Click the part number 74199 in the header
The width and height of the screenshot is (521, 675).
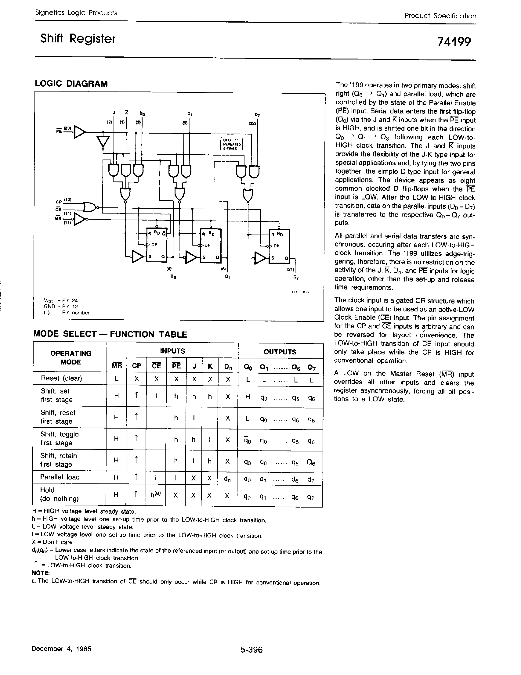tap(454, 41)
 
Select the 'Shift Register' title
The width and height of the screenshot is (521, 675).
tap(78, 39)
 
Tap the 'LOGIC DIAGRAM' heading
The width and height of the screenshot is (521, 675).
tap(71, 84)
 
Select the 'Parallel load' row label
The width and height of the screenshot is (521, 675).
tap(60, 477)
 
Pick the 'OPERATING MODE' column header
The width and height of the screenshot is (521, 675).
tap(71, 357)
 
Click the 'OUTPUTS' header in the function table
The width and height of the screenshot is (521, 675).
tap(280, 352)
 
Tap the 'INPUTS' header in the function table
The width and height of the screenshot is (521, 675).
tap(172, 351)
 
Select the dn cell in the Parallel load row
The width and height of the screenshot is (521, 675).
tap(227, 479)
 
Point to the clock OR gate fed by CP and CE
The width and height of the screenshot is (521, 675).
tap(90, 207)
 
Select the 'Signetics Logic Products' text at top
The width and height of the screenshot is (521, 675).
tap(76, 13)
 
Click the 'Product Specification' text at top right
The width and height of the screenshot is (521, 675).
tap(440, 16)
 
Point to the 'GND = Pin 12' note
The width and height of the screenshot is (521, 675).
tap(61, 306)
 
